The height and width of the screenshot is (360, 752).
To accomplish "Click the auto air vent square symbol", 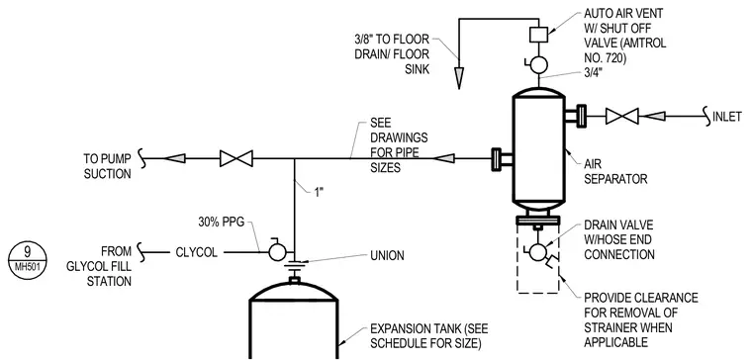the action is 538,34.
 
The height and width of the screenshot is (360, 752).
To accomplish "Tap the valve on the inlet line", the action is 621,116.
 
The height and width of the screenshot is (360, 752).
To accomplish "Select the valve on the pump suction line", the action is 235,158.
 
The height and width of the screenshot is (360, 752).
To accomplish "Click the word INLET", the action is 727,117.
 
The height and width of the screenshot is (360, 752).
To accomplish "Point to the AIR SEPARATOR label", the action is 615,171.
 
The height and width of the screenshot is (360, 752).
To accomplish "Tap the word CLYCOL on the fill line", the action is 196,252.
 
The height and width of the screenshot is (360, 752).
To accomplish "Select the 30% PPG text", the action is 222,222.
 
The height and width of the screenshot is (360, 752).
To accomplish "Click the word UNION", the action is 387,255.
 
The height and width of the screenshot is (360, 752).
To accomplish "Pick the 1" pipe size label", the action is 319,192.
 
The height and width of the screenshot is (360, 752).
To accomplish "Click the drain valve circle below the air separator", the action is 538,251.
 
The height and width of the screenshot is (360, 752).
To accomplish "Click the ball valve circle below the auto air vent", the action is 538,65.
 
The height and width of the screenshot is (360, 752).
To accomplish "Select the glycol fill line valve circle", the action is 277,251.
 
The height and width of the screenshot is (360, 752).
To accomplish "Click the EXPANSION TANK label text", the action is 428,336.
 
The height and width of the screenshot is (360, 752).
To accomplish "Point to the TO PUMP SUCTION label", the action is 107,166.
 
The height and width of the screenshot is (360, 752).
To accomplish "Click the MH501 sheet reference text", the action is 28,266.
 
